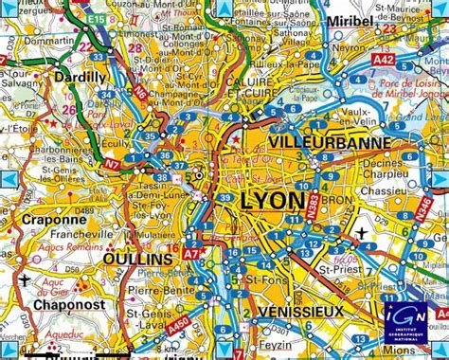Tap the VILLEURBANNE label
click(323, 142)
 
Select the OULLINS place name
click(140, 259)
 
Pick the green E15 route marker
click(92, 18)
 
